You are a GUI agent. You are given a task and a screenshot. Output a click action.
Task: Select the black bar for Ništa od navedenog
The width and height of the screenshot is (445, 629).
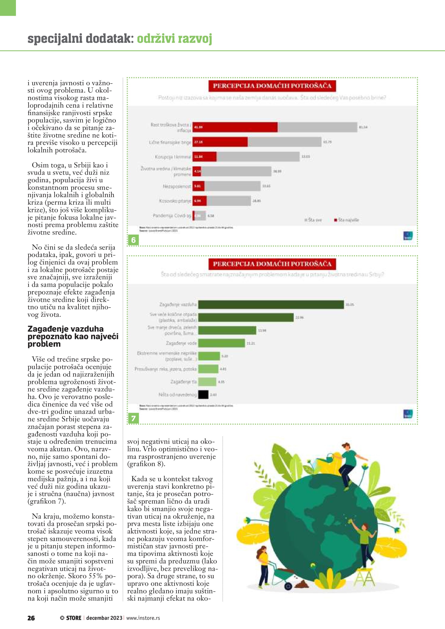tap(203, 394)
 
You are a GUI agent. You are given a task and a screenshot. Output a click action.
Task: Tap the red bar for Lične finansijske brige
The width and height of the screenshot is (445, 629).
tap(220, 142)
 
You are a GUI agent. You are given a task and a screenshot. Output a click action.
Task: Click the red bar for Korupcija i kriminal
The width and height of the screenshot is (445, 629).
tap(204, 157)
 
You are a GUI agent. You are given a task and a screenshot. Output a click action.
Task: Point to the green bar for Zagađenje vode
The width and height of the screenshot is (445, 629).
tap(221, 343)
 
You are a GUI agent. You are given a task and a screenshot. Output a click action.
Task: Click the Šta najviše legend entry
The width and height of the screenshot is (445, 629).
tap(346, 220)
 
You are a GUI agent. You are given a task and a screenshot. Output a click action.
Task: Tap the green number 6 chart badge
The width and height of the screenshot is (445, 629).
tap(133, 240)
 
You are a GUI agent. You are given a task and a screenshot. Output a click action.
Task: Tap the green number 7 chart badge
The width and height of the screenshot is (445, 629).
tap(133, 418)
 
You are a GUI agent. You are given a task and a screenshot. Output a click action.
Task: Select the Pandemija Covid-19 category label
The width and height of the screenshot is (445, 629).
tap(172, 216)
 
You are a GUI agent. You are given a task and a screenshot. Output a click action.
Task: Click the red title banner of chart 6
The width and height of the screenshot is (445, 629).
tap(272, 86)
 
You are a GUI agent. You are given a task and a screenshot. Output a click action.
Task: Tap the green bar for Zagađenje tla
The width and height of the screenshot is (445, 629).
tap(207, 382)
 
